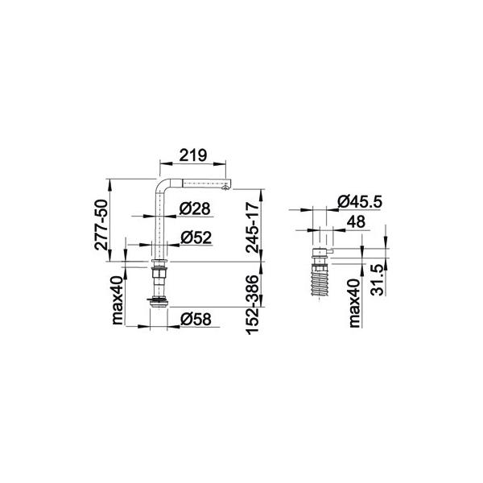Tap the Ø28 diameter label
tap(195, 208)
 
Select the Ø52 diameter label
tap(196, 237)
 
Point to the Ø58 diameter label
tap(196, 319)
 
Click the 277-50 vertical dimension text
tap(101, 225)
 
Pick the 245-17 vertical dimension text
tap(252, 227)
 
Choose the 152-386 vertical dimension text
tap(252, 304)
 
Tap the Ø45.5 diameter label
tap(360, 202)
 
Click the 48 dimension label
tap(356, 221)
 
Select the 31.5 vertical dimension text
tap(377, 281)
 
